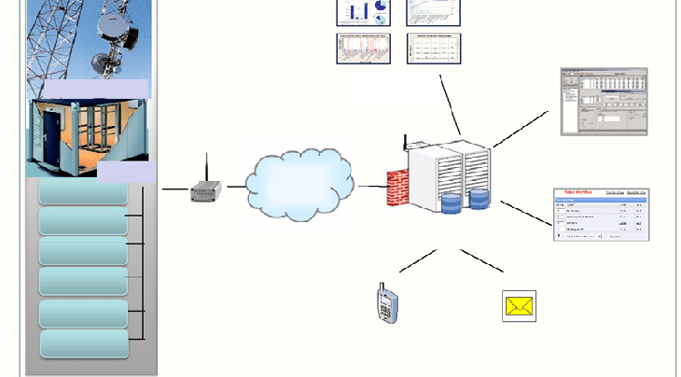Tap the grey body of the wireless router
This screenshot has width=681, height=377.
click(205, 193)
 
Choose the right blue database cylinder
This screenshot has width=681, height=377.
click(479, 198)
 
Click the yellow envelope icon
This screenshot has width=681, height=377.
click(519, 306)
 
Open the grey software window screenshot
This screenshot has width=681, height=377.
click(603, 102)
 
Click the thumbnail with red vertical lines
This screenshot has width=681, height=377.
click(362, 49)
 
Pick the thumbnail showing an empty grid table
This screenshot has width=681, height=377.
click(435, 49)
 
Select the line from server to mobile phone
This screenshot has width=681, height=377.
click(418, 260)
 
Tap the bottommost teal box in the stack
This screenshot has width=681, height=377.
click(84, 343)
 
